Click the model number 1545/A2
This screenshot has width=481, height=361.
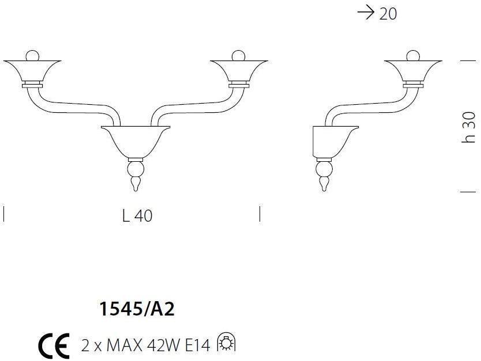[137, 309]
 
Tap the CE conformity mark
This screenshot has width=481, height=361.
[54, 345]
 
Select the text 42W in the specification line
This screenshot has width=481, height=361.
[163, 345]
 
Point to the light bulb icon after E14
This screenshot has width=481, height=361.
[227, 342]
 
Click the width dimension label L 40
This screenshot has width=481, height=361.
[137, 216]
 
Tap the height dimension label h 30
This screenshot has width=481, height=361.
[469, 127]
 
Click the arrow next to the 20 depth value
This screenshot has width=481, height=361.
[366, 13]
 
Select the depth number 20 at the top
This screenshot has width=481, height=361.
[388, 14]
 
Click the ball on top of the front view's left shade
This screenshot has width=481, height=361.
[32, 55]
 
